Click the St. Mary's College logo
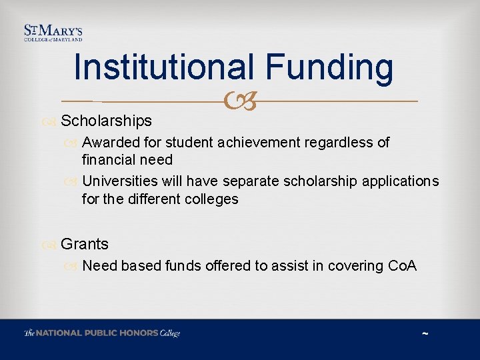53,33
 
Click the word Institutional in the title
164,67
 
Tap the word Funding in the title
329,67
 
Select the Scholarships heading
106,121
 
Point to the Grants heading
84,244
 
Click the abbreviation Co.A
402,266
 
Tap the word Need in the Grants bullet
100,266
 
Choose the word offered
224,266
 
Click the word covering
354,266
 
